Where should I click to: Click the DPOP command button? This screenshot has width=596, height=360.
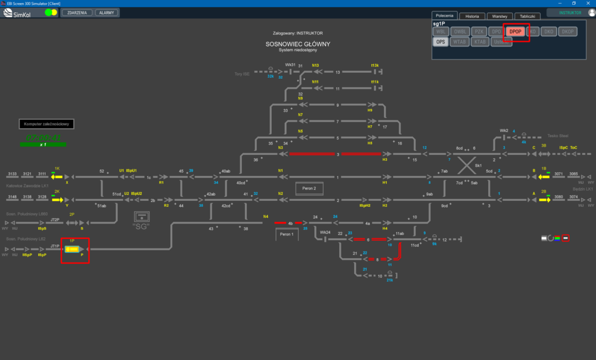click(x=516, y=32)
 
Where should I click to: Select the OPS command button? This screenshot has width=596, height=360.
click(x=440, y=42)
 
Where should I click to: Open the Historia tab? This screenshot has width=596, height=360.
click(x=472, y=16)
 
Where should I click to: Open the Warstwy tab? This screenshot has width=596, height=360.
click(x=499, y=16)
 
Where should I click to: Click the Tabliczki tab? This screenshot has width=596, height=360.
click(x=527, y=16)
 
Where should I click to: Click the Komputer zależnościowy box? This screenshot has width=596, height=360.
click(x=46, y=124)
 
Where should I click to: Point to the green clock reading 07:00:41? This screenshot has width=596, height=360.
click(x=43, y=138)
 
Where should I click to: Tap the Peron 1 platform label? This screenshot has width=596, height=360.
click(x=287, y=234)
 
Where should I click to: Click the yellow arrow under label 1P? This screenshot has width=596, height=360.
click(x=72, y=249)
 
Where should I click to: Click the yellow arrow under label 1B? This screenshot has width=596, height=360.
click(x=544, y=176)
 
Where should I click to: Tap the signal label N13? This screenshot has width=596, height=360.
click(x=315, y=65)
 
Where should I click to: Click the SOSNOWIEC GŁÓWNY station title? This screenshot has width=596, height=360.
click(x=297, y=44)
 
